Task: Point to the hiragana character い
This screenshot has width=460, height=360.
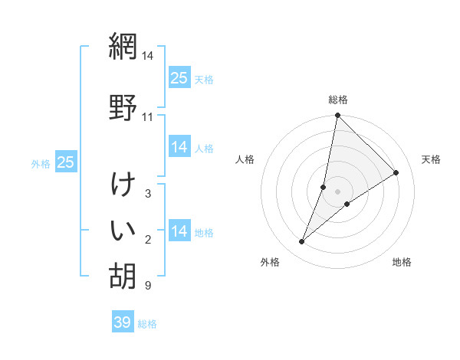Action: (122, 229)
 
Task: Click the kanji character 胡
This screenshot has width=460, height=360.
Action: (122, 275)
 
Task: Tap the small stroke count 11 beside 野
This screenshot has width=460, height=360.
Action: (147, 117)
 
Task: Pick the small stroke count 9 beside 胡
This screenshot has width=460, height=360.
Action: (147, 286)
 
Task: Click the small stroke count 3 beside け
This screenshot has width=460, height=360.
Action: (147, 194)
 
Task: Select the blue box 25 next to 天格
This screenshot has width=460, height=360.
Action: (179, 78)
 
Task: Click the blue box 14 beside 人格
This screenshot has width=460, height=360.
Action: (179, 147)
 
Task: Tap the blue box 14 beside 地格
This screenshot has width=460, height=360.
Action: (179, 231)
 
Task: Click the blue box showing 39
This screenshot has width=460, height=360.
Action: (122, 322)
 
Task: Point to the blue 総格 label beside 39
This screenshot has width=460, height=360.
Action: (147, 324)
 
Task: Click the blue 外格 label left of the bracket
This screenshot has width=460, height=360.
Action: (41, 163)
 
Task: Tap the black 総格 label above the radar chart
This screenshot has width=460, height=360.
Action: (338, 100)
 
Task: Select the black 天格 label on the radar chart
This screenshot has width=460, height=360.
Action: (431, 159)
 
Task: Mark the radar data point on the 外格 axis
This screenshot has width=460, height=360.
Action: (302, 242)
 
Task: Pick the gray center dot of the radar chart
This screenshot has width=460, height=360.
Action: (338, 191)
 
